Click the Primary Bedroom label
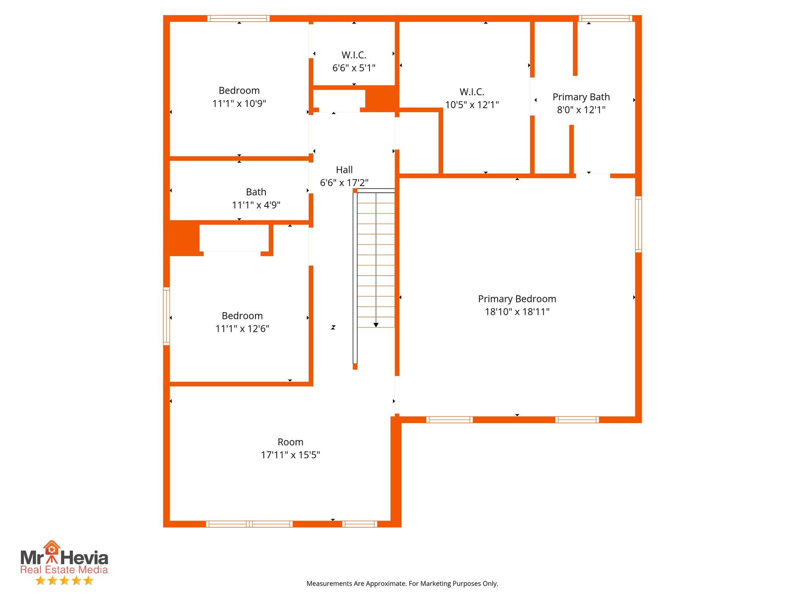[x=517, y=299]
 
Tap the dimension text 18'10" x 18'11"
[x=517, y=312]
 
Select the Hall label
[x=344, y=170]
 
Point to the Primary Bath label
[x=581, y=97]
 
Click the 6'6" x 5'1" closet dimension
[x=354, y=68]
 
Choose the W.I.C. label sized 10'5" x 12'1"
[x=472, y=92]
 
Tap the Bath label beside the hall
[x=256, y=192]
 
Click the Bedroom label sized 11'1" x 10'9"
[x=239, y=90]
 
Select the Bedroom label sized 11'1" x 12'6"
[x=242, y=316]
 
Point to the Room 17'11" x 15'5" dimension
[x=290, y=455]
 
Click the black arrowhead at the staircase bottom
[x=376, y=325]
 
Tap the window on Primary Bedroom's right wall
[x=638, y=224]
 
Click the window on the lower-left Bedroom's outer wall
[x=166, y=316]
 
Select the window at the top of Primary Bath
[x=605, y=18]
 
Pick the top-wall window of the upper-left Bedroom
[x=238, y=18]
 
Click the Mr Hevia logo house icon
[x=51, y=547]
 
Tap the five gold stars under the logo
[x=64, y=581]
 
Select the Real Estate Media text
[x=64, y=570]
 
